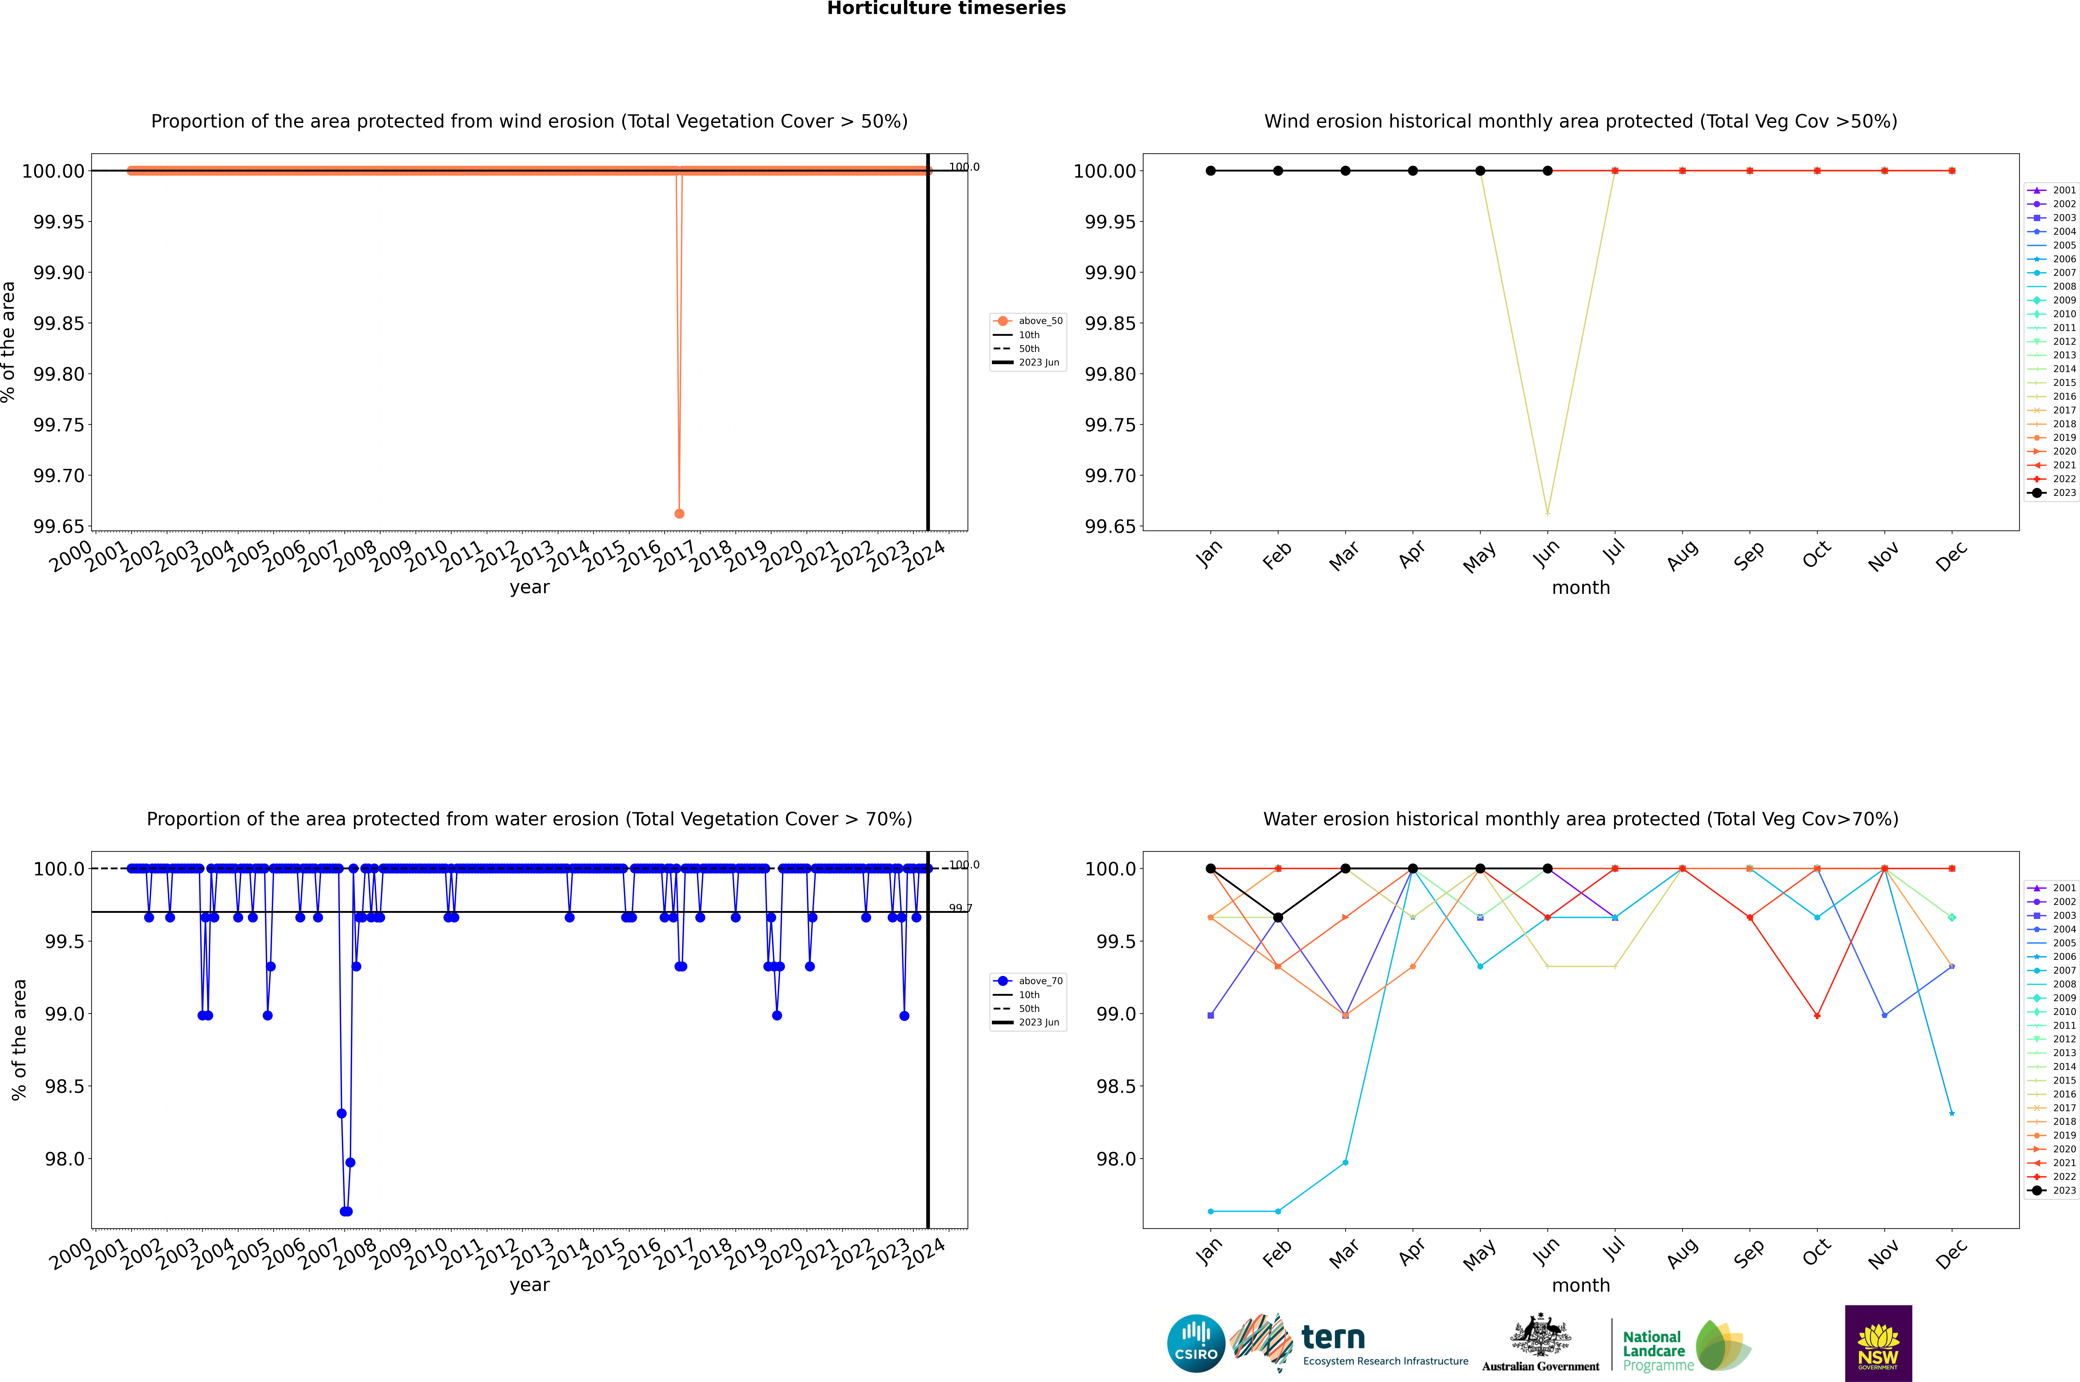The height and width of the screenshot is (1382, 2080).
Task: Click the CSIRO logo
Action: pos(1196,1343)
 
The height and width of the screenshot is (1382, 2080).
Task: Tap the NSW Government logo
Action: pos(1878,1343)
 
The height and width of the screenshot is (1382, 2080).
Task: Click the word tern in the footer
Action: pos(1333,1338)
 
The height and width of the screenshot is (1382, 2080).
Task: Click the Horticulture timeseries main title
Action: pos(946,9)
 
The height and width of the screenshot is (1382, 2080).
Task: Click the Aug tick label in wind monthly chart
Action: pos(1682,555)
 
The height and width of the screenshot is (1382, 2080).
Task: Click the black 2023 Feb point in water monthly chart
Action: pos(1278,918)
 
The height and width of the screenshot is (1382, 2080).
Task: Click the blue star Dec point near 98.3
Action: pos(1951,1113)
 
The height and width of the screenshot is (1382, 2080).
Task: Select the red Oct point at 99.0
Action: pos(1816,1015)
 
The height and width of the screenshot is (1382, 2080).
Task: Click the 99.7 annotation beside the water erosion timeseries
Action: pos(960,908)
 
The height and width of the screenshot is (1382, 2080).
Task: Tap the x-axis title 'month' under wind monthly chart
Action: pos(1580,588)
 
